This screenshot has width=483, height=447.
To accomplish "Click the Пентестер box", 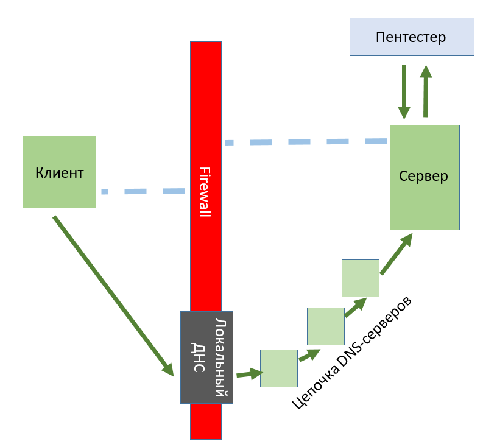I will [x=411, y=37].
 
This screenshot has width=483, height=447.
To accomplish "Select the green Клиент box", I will [x=59, y=172].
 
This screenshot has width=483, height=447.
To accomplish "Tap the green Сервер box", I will [x=424, y=177].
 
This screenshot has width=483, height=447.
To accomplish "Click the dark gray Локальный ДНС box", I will [x=206, y=357].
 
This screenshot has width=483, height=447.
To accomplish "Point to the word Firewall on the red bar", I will [x=205, y=191].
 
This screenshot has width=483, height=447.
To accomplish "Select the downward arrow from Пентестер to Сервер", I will [x=404, y=91].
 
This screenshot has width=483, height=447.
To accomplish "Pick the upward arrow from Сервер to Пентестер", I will [x=426, y=91].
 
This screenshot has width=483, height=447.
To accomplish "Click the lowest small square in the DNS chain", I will [x=279, y=368].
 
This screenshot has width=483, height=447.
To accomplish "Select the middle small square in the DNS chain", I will [x=325, y=326].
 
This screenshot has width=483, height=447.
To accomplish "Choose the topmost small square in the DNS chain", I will [x=361, y=278].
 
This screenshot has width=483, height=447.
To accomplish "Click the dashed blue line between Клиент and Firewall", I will [x=143, y=191].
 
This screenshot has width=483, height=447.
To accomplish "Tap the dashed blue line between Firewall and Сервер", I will [x=305, y=142].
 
